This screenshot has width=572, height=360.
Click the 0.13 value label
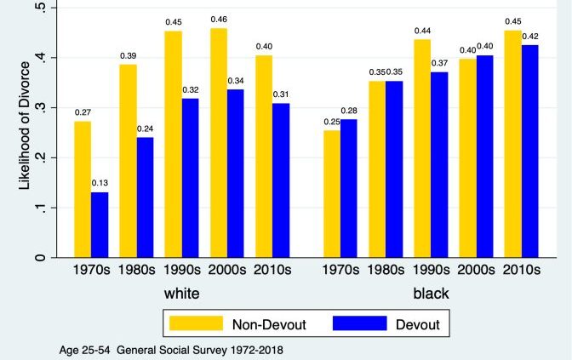[100, 184]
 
